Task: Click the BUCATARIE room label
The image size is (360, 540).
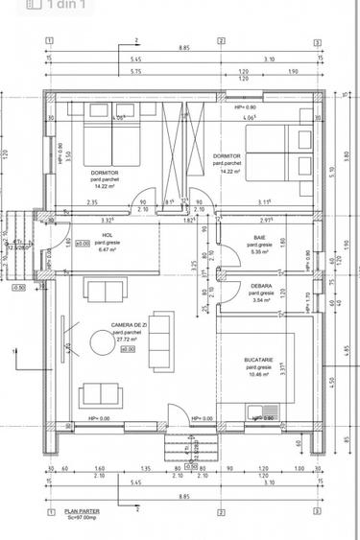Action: point(260,361)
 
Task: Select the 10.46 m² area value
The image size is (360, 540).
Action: point(260,375)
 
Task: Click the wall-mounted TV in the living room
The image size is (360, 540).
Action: point(65,341)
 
